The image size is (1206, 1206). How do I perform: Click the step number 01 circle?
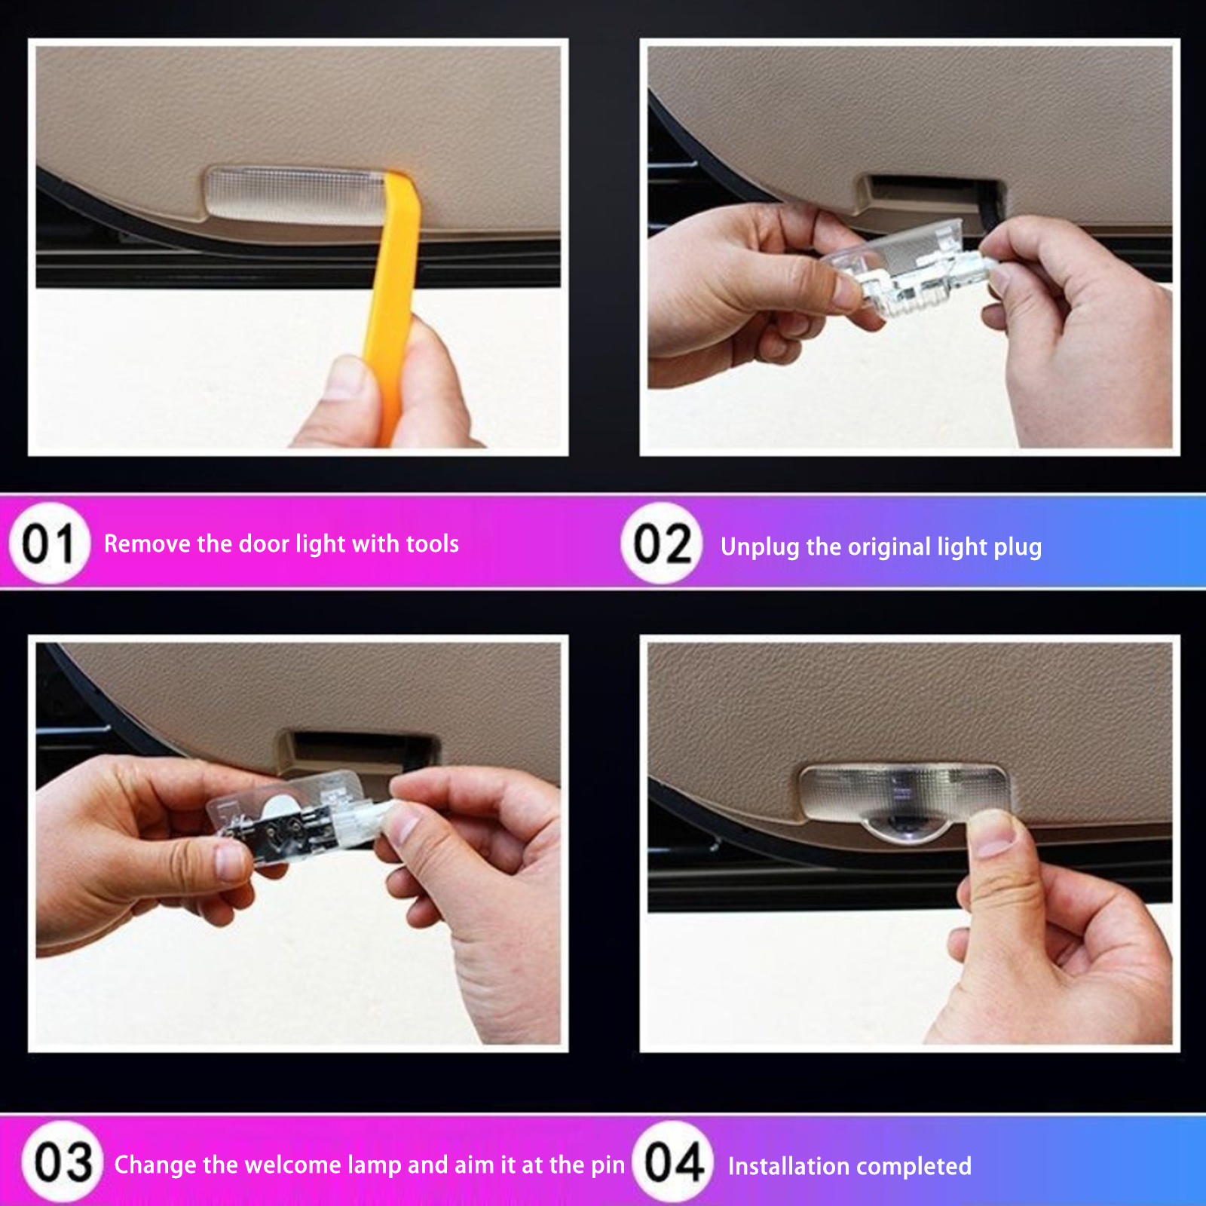pos(49,543)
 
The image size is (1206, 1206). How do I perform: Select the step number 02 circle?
pos(662,543)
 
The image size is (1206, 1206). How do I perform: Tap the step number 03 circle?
pos(63,1162)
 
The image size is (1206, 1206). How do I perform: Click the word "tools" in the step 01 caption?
pos(433,543)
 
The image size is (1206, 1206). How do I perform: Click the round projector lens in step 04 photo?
pos(909,827)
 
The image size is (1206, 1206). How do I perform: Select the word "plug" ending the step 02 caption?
pos(1016,549)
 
